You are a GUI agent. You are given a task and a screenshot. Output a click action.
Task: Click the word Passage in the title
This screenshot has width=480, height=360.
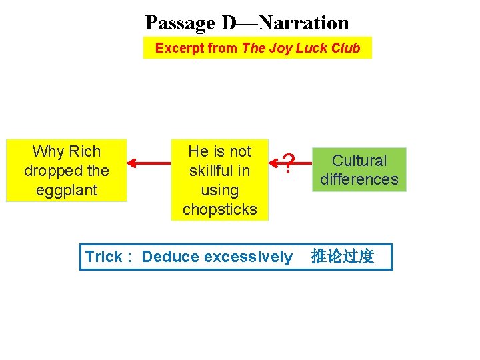click(x=180, y=23)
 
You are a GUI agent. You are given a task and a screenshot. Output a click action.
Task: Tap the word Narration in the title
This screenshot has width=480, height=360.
click(x=303, y=23)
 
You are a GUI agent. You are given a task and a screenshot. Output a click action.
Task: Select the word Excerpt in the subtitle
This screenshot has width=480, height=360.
click(x=179, y=48)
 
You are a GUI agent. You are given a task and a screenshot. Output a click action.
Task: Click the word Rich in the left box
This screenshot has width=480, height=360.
click(x=85, y=151)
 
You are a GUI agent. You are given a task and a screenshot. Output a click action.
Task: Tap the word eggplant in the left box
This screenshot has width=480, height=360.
click(x=67, y=190)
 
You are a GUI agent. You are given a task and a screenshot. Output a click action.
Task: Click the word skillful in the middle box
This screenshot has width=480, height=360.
click(x=219, y=171)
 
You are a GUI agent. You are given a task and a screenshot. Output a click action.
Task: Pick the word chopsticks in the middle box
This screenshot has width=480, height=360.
click(x=219, y=209)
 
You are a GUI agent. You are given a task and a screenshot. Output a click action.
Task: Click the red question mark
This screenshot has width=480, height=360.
click(x=288, y=163)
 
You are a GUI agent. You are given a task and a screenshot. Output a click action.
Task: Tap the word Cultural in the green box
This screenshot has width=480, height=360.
click(x=359, y=161)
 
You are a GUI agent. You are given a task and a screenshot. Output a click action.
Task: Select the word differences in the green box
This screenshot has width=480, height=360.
click(x=359, y=179)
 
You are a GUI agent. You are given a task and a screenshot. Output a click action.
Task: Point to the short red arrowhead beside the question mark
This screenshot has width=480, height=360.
click(x=275, y=161)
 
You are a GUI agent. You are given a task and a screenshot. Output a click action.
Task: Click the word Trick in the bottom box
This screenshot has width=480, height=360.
click(x=103, y=257)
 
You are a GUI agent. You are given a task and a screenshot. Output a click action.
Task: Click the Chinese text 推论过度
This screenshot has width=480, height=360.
click(x=343, y=257)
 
